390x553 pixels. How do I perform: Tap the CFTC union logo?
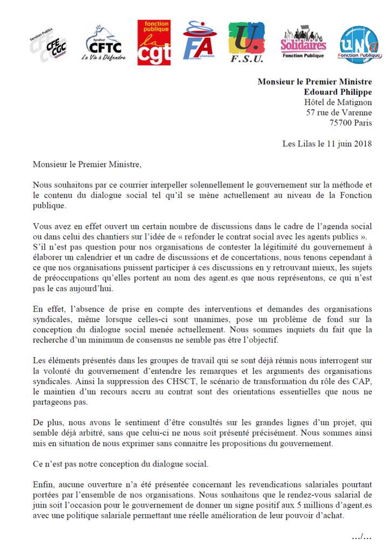click(x=103, y=43)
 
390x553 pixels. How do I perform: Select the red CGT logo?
click(x=154, y=43)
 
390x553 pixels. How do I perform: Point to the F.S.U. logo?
click(x=247, y=43)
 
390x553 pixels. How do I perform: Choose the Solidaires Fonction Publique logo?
click(x=303, y=43)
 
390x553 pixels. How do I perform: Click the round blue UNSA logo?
click(x=359, y=45)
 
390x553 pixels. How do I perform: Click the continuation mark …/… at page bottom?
click(x=361, y=536)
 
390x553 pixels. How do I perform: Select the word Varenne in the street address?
click(x=357, y=112)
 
